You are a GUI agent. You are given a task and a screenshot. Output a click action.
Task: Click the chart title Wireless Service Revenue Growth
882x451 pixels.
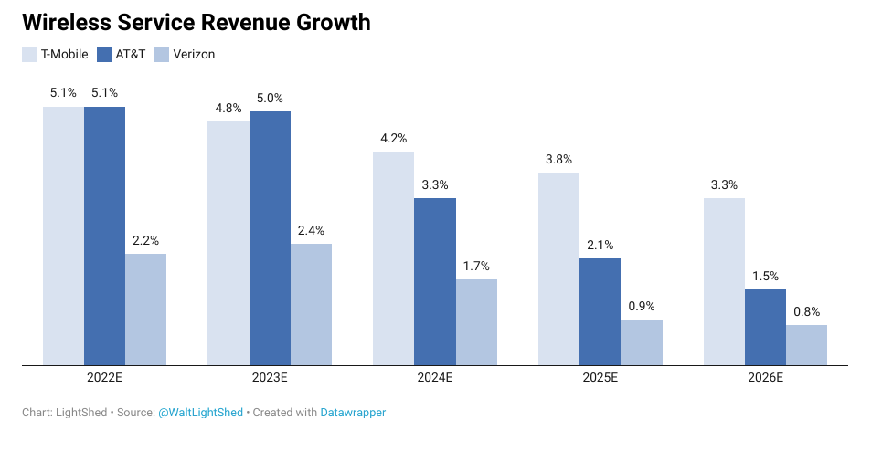(x=197, y=23)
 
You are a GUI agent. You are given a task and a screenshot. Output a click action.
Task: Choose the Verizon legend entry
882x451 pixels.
(x=185, y=55)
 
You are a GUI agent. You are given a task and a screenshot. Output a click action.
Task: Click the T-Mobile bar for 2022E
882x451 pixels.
(x=63, y=236)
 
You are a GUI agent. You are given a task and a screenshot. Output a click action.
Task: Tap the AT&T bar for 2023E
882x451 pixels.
(x=270, y=238)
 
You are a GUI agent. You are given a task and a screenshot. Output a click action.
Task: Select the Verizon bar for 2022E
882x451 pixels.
(x=145, y=309)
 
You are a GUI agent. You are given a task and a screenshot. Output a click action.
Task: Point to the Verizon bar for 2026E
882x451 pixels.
(x=806, y=345)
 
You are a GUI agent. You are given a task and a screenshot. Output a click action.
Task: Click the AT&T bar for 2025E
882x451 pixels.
(x=600, y=311)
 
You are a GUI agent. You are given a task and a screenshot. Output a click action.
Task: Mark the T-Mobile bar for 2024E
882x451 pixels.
(x=393, y=258)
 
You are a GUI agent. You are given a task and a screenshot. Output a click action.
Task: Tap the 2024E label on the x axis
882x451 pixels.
(x=435, y=378)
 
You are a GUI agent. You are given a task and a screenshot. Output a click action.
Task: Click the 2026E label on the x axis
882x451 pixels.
(x=765, y=378)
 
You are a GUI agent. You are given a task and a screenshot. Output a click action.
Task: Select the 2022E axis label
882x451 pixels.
(x=104, y=378)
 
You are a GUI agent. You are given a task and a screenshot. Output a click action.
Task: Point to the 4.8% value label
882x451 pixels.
(x=228, y=108)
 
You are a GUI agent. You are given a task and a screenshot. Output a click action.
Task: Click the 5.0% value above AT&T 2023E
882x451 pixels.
(x=270, y=98)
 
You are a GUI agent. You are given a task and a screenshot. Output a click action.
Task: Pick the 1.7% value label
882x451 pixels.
(x=476, y=266)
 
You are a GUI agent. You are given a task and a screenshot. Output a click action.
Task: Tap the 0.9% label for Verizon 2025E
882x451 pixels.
(x=642, y=306)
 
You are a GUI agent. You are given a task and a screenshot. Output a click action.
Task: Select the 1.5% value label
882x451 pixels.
(x=765, y=276)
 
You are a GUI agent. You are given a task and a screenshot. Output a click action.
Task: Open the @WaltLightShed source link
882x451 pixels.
(x=200, y=413)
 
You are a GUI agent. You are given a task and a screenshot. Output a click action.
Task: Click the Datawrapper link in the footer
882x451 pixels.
(x=353, y=413)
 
